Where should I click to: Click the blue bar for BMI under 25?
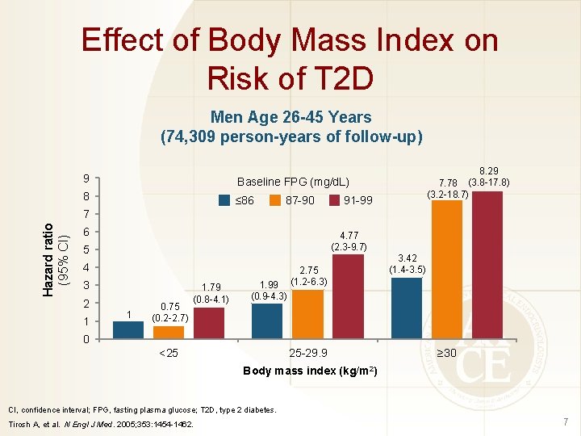(x=127, y=329)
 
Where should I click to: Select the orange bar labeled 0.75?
(x=168, y=331)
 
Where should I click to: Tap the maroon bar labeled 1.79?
(x=208, y=322)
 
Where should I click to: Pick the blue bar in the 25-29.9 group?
(x=267, y=320)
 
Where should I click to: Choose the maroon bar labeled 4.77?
(x=348, y=296)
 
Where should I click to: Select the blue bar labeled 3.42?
(x=406, y=307)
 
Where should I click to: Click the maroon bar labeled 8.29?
(x=487, y=264)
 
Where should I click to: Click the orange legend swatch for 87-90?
(x=274, y=199)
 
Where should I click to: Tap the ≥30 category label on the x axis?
(x=446, y=353)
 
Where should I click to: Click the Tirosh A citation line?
(x=102, y=424)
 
